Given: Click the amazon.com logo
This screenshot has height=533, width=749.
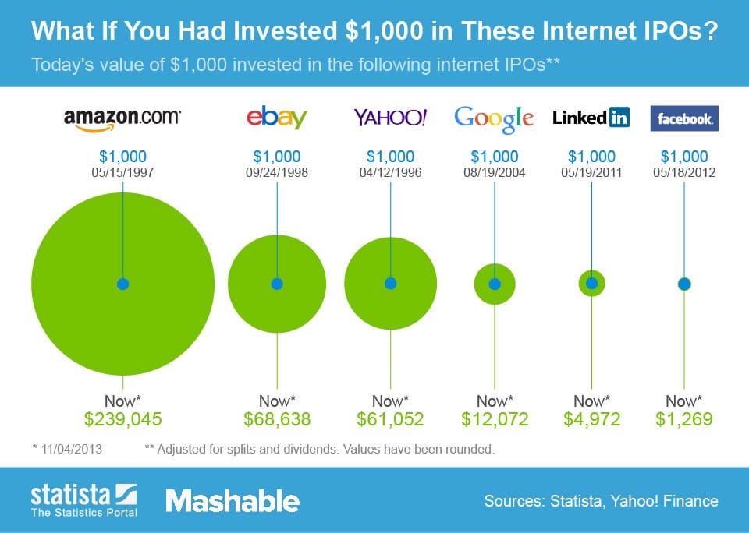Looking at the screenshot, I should point(122,118).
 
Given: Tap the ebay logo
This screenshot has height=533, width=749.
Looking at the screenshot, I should point(276,118).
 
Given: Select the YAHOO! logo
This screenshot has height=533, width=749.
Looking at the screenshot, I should point(390,118).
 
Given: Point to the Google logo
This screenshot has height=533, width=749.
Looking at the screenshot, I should point(494,118).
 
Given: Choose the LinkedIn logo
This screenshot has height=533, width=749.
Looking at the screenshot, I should point(591,118).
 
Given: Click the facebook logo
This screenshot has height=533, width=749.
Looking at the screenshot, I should point(684,119).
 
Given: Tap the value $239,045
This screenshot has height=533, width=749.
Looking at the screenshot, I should point(122,419).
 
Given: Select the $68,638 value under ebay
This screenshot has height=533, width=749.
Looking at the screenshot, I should point(276,419).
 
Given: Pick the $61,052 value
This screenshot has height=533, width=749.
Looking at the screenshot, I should point(390,419).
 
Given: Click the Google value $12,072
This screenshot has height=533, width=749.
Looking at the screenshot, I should point(495,419).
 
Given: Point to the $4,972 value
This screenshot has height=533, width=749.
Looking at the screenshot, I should point(591,419).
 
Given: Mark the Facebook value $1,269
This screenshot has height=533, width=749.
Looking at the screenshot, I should point(684,419).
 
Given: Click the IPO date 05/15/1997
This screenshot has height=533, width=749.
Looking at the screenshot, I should point(122,172).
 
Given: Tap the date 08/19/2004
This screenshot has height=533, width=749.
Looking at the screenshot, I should point(495,172).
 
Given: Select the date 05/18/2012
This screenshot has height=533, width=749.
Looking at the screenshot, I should point(684,172).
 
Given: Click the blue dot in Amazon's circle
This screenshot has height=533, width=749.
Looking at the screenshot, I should point(122,284).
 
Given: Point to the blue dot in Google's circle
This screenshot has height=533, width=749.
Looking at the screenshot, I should point(495,284).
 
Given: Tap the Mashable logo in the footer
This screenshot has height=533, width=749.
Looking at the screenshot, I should point(232,501).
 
